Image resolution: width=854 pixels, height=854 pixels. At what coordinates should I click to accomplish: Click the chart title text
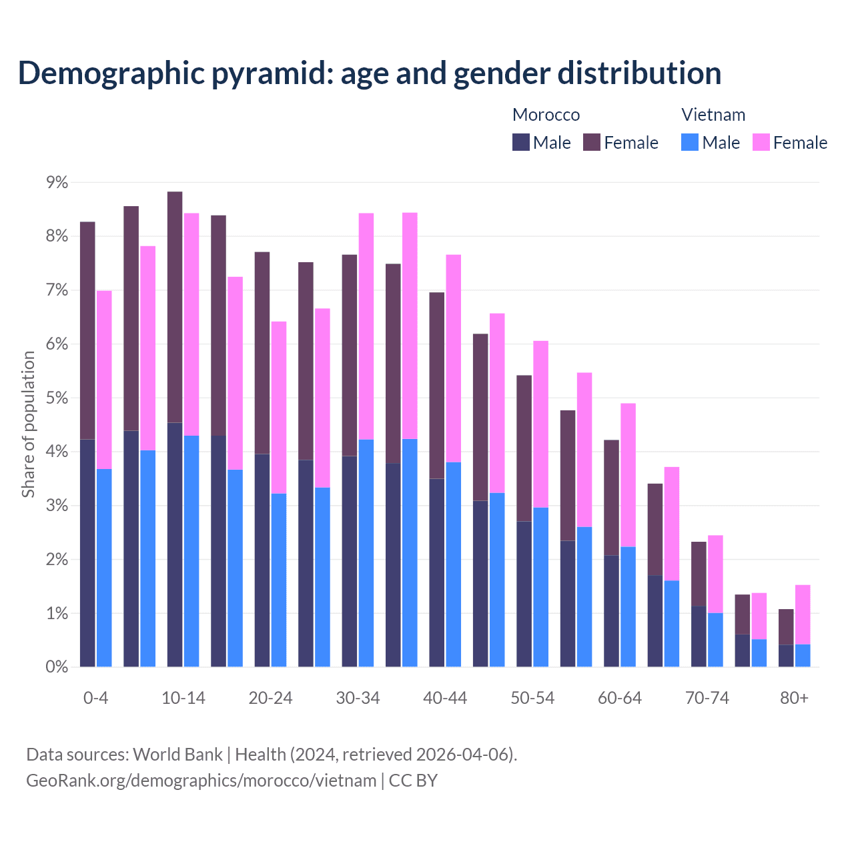[369, 73]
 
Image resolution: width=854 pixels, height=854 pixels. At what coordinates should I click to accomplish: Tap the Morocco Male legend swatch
[521, 142]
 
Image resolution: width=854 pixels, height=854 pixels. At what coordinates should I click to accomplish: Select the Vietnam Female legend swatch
[761, 142]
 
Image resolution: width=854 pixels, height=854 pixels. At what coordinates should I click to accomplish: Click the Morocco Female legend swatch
[592, 142]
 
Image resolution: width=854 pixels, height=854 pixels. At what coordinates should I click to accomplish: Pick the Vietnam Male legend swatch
[690, 142]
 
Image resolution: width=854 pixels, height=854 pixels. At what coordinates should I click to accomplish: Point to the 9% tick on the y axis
[56, 183]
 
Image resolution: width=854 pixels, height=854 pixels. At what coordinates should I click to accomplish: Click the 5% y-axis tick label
[56, 398]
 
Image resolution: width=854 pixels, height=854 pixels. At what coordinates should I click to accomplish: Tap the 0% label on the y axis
[56, 667]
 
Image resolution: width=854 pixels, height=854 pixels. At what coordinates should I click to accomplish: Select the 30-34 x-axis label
[358, 698]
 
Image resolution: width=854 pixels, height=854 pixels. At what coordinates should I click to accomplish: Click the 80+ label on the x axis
[794, 698]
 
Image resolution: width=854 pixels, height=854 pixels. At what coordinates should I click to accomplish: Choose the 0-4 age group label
[95, 698]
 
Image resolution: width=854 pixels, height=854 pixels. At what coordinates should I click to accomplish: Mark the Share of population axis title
[28, 424]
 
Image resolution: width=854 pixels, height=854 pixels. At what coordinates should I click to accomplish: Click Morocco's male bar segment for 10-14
[175, 544]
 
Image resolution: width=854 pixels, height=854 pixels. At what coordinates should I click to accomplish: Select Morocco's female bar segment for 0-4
[87, 330]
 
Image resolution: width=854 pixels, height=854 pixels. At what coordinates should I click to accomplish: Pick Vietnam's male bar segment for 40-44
[454, 564]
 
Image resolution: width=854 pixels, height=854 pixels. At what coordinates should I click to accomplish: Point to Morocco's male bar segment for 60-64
[611, 611]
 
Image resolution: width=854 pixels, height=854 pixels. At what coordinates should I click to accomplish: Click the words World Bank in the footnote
[177, 755]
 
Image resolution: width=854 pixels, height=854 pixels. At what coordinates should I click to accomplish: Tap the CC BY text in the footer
[413, 781]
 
